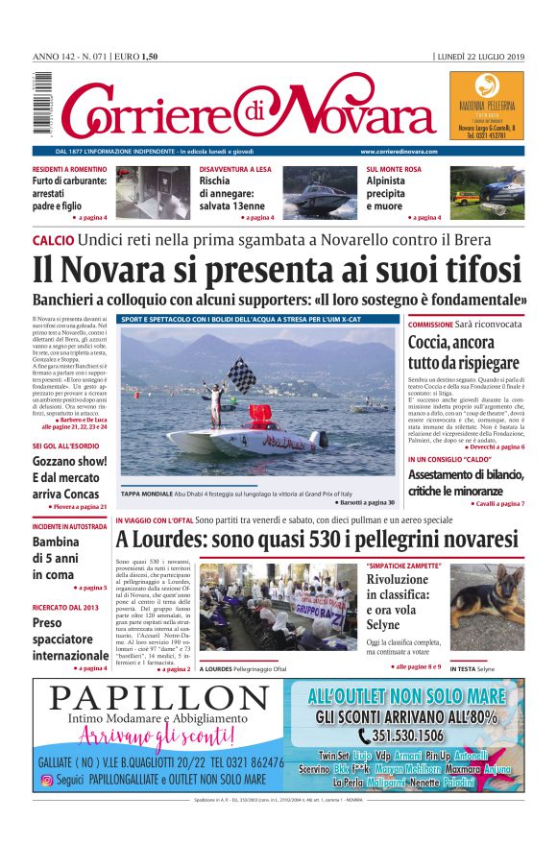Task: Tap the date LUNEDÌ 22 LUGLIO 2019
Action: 479,57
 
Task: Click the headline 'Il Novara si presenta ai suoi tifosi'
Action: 278,269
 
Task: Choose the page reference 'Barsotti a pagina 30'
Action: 365,502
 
